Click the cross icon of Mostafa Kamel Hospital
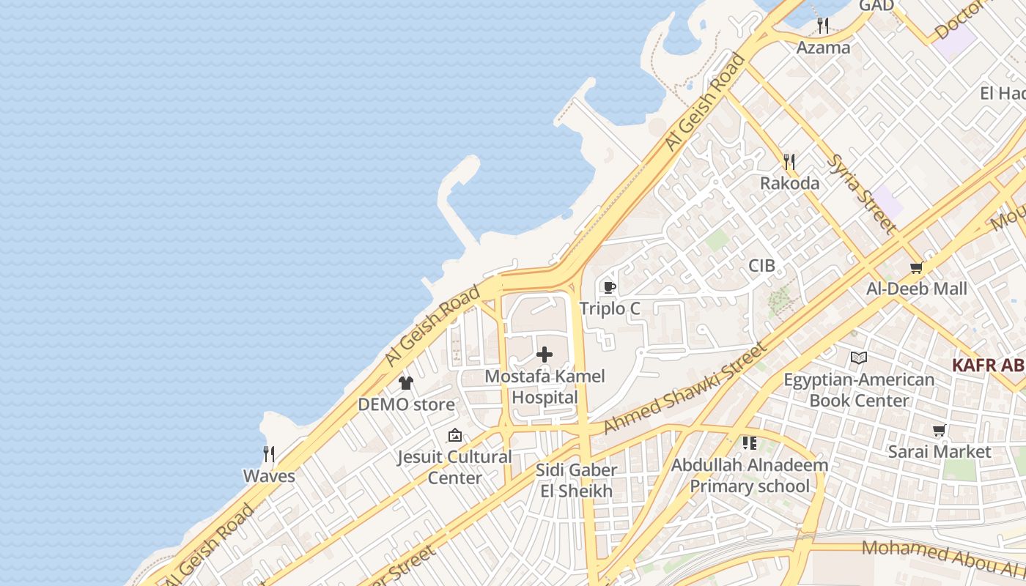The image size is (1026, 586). tap(545, 355)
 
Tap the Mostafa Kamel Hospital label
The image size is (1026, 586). tap(545, 387)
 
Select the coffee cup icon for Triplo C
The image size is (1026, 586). tap(609, 287)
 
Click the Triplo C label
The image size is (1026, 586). tap(610, 308)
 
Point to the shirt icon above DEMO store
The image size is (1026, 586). tap(406, 382)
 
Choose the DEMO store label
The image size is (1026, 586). tap(406, 404)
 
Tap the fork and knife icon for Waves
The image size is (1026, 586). tap(269, 454)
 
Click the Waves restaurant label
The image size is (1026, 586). tap(269, 476)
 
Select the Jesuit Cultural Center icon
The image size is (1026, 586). tap(455, 435)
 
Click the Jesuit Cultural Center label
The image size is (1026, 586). tap(454, 467)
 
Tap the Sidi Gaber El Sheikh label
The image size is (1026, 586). tap(576, 481)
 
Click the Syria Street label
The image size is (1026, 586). tap(861, 193)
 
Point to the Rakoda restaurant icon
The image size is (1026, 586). tap(789, 161)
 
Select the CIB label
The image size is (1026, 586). tap(761, 265)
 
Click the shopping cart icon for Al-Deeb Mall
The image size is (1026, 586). tap(916, 267)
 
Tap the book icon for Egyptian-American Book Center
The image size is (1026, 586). tap(859, 358)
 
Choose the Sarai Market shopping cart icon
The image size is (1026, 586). tap(939, 430)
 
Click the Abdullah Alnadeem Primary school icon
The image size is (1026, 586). tap(749, 443)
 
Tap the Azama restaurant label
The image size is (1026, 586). tap(824, 48)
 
